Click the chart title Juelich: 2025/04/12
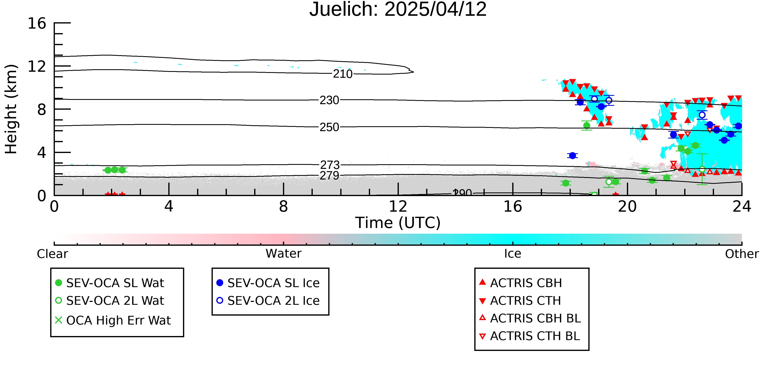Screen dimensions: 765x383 pos(398,10)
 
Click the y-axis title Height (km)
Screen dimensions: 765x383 pos(11,109)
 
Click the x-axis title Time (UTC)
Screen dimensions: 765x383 pos(398,223)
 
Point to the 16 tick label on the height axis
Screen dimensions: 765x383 pos(37,23)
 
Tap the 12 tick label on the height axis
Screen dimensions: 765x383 pos(37,67)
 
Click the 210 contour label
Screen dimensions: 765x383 pos(343,74)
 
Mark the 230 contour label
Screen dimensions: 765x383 pos(329,100)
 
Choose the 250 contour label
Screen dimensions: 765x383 pos(329,127)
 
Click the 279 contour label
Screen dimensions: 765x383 pos(329,176)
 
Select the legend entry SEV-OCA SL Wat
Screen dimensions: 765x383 pos(110,283)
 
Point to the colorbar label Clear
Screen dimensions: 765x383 pos(53,254)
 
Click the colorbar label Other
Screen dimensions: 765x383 pos(742,254)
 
